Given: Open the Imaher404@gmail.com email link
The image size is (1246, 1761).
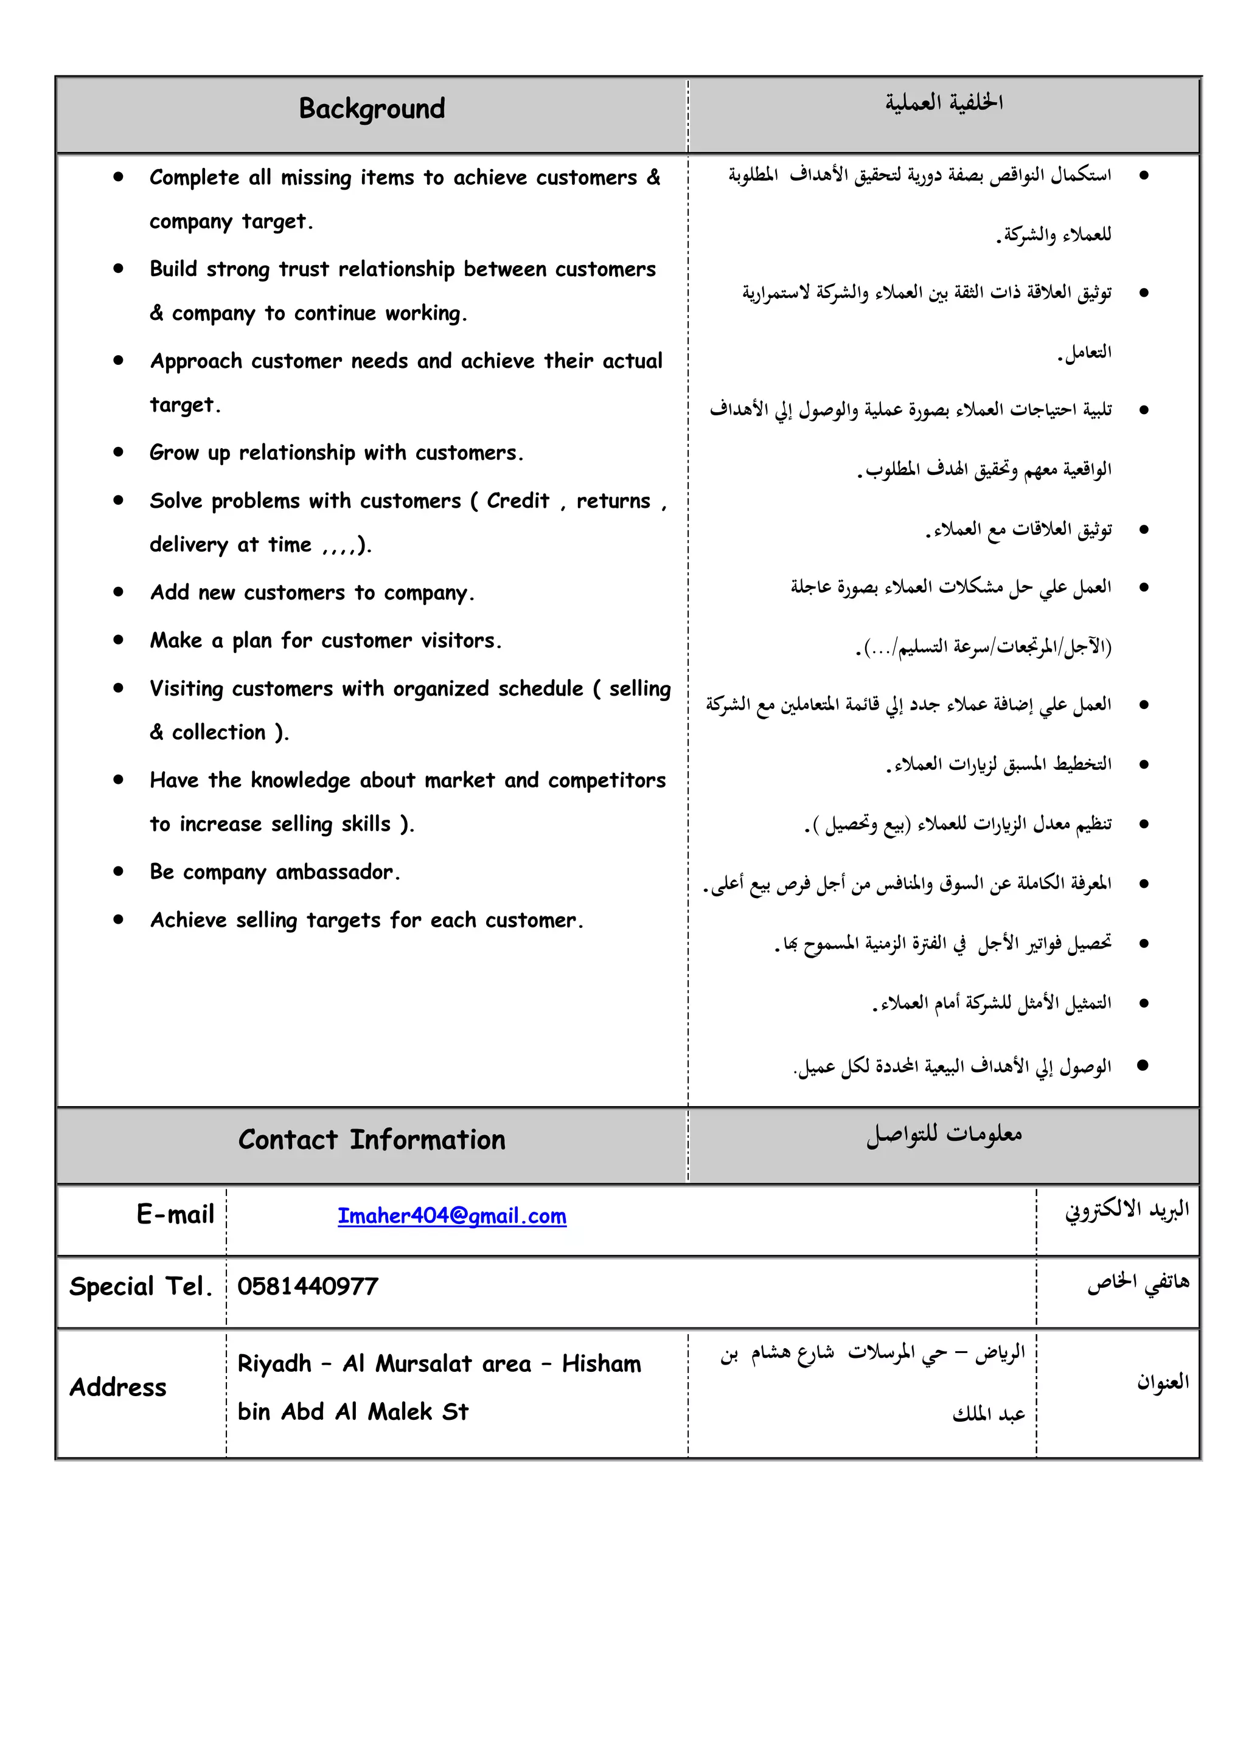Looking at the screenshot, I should [452, 1216].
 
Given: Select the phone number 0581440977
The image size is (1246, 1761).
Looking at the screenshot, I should [308, 1286].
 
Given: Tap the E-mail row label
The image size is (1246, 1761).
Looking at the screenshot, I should [175, 1214].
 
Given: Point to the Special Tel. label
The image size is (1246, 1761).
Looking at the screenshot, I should [141, 1286].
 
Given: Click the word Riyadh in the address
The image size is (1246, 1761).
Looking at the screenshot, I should [274, 1364].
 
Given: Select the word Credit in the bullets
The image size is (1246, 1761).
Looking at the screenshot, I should [518, 501].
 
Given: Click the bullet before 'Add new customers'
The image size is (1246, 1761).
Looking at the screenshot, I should [118, 592].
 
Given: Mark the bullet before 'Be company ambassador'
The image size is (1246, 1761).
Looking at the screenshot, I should [118, 871].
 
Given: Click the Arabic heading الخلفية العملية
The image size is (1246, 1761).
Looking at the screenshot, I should [944, 102].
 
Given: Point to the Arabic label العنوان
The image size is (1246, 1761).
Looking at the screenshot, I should [1163, 1382].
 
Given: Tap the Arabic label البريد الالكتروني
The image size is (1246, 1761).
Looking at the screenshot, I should [1126, 1210].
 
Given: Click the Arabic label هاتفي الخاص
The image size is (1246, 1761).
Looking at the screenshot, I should [1138, 1282].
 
